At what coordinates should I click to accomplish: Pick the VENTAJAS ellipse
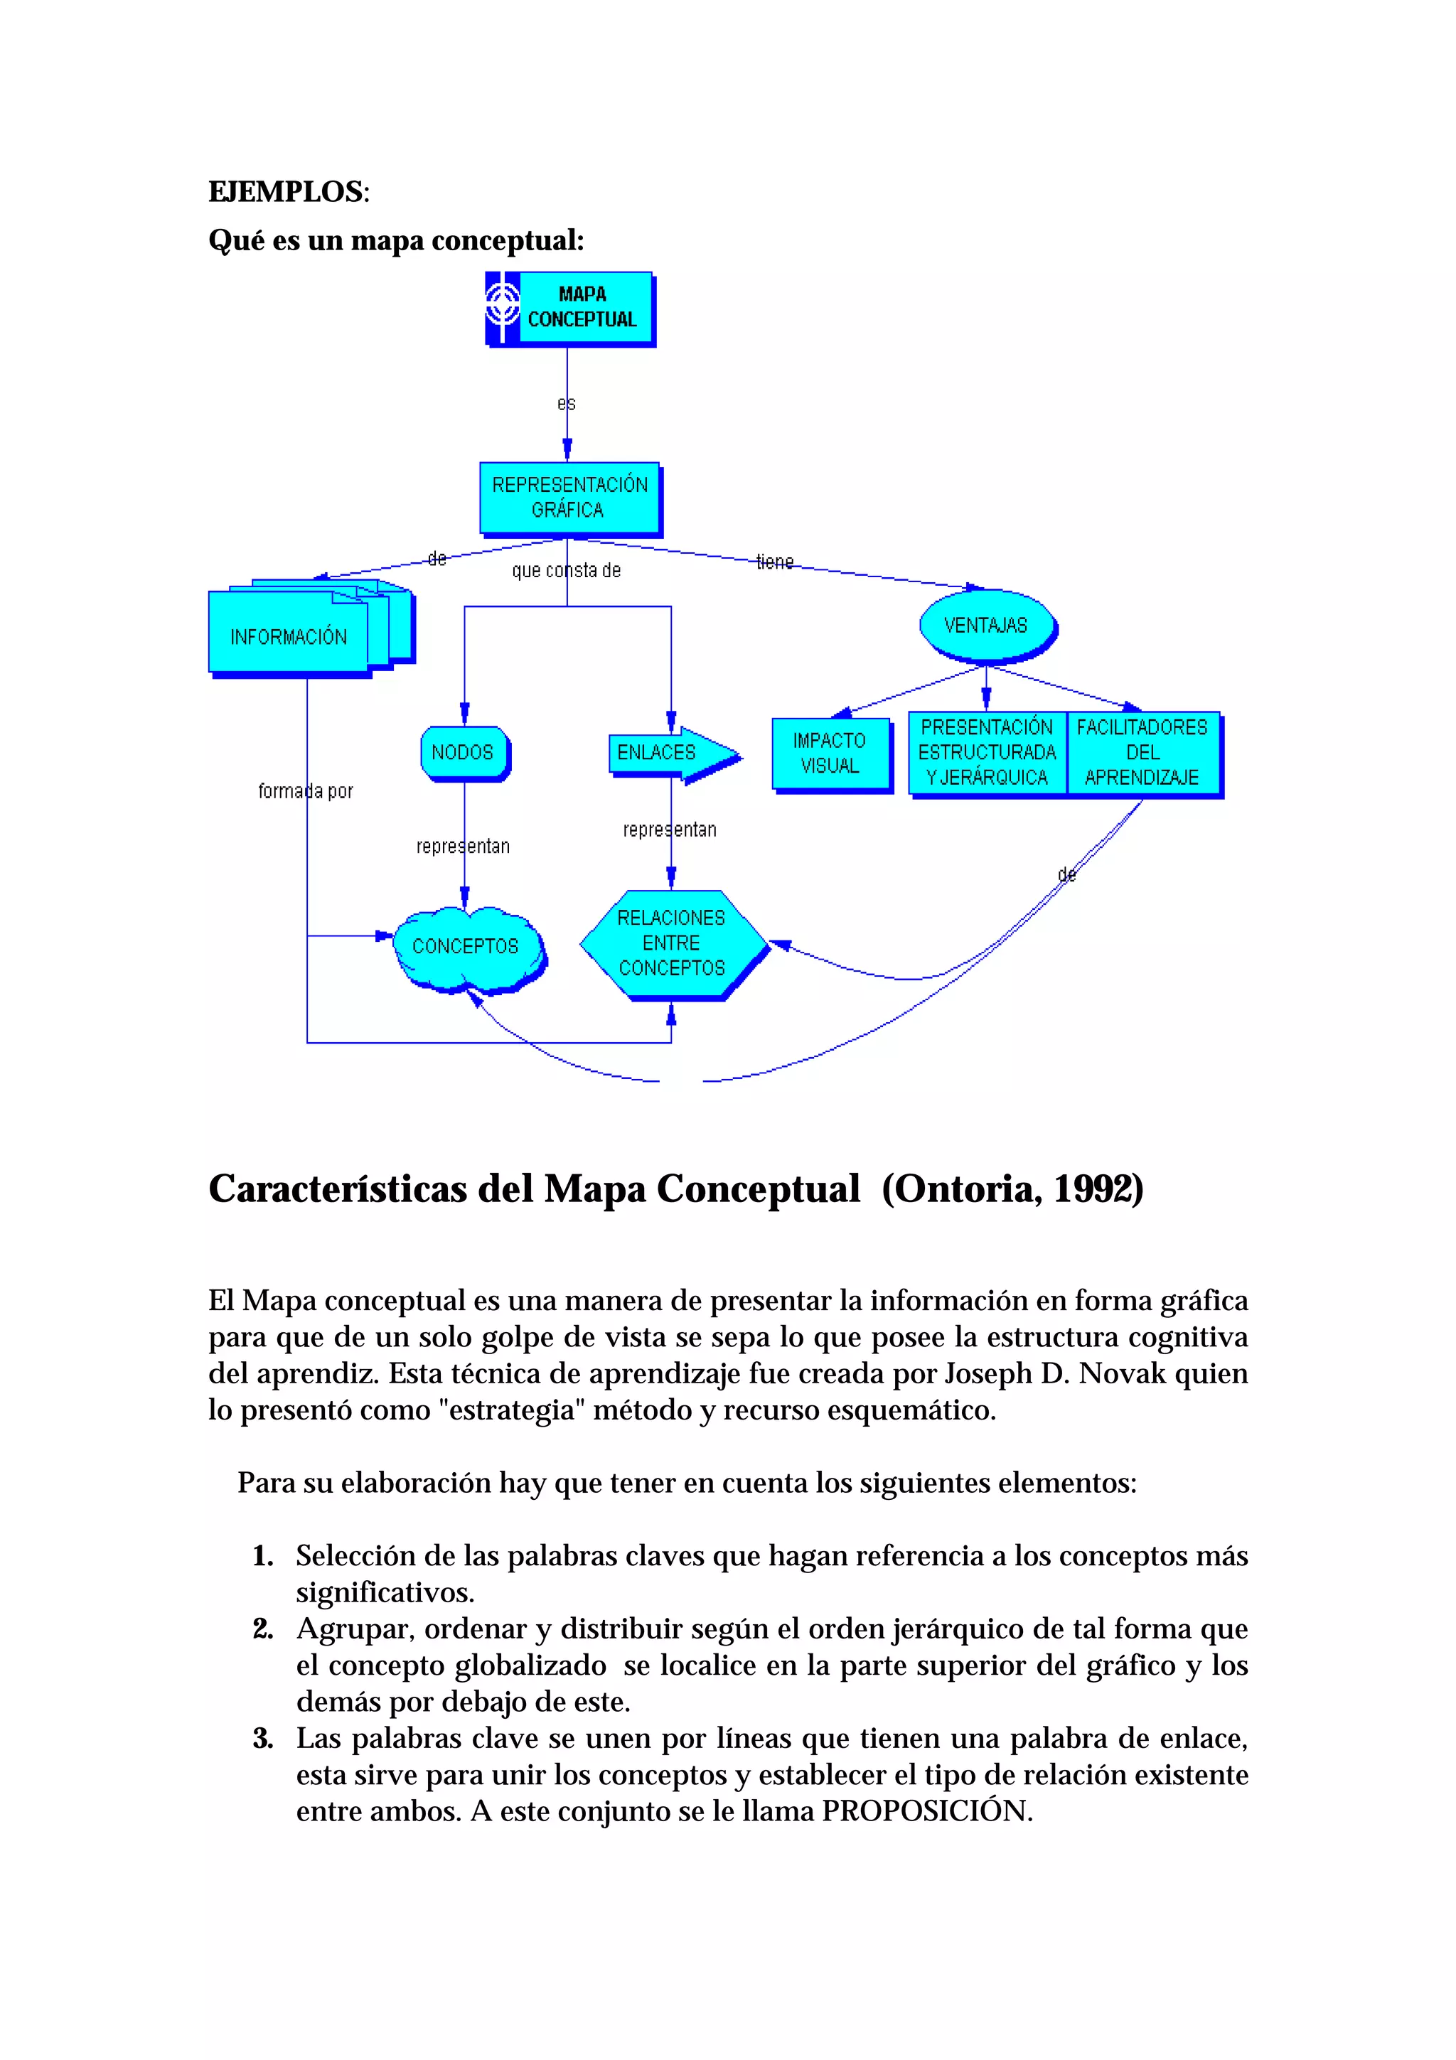tap(986, 626)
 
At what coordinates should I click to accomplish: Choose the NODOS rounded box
tap(463, 752)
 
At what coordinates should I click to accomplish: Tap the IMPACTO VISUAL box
tap(830, 753)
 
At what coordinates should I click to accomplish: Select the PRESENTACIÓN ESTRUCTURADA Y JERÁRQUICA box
tap(987, 752)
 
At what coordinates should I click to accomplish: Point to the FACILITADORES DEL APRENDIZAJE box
tap(1142, 752)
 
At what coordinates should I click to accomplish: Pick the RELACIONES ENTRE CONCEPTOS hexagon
tap(672, 943)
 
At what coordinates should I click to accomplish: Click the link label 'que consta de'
tap(566, 571)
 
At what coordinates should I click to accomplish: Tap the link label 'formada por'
tap(306, 791)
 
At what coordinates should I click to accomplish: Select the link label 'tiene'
tap(775, 562)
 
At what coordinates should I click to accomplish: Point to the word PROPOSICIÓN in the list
tap(927, 1810)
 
